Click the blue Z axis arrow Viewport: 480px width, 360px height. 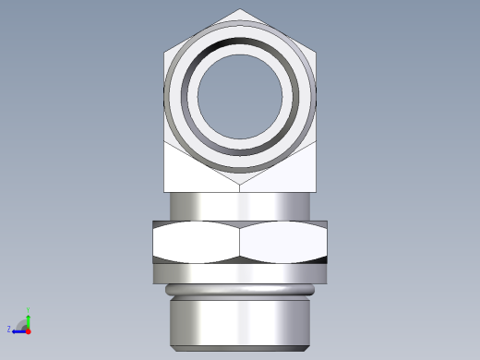18,330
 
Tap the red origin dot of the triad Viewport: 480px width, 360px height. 29,330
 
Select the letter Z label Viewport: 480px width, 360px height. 9,329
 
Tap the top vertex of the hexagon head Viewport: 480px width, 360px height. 240,10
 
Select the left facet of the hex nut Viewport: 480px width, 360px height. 196,242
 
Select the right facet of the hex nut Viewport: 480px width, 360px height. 282,242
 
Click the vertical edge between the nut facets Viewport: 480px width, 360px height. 240,242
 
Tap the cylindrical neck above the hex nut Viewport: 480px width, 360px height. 240,206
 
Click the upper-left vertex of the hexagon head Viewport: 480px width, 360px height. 165,53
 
